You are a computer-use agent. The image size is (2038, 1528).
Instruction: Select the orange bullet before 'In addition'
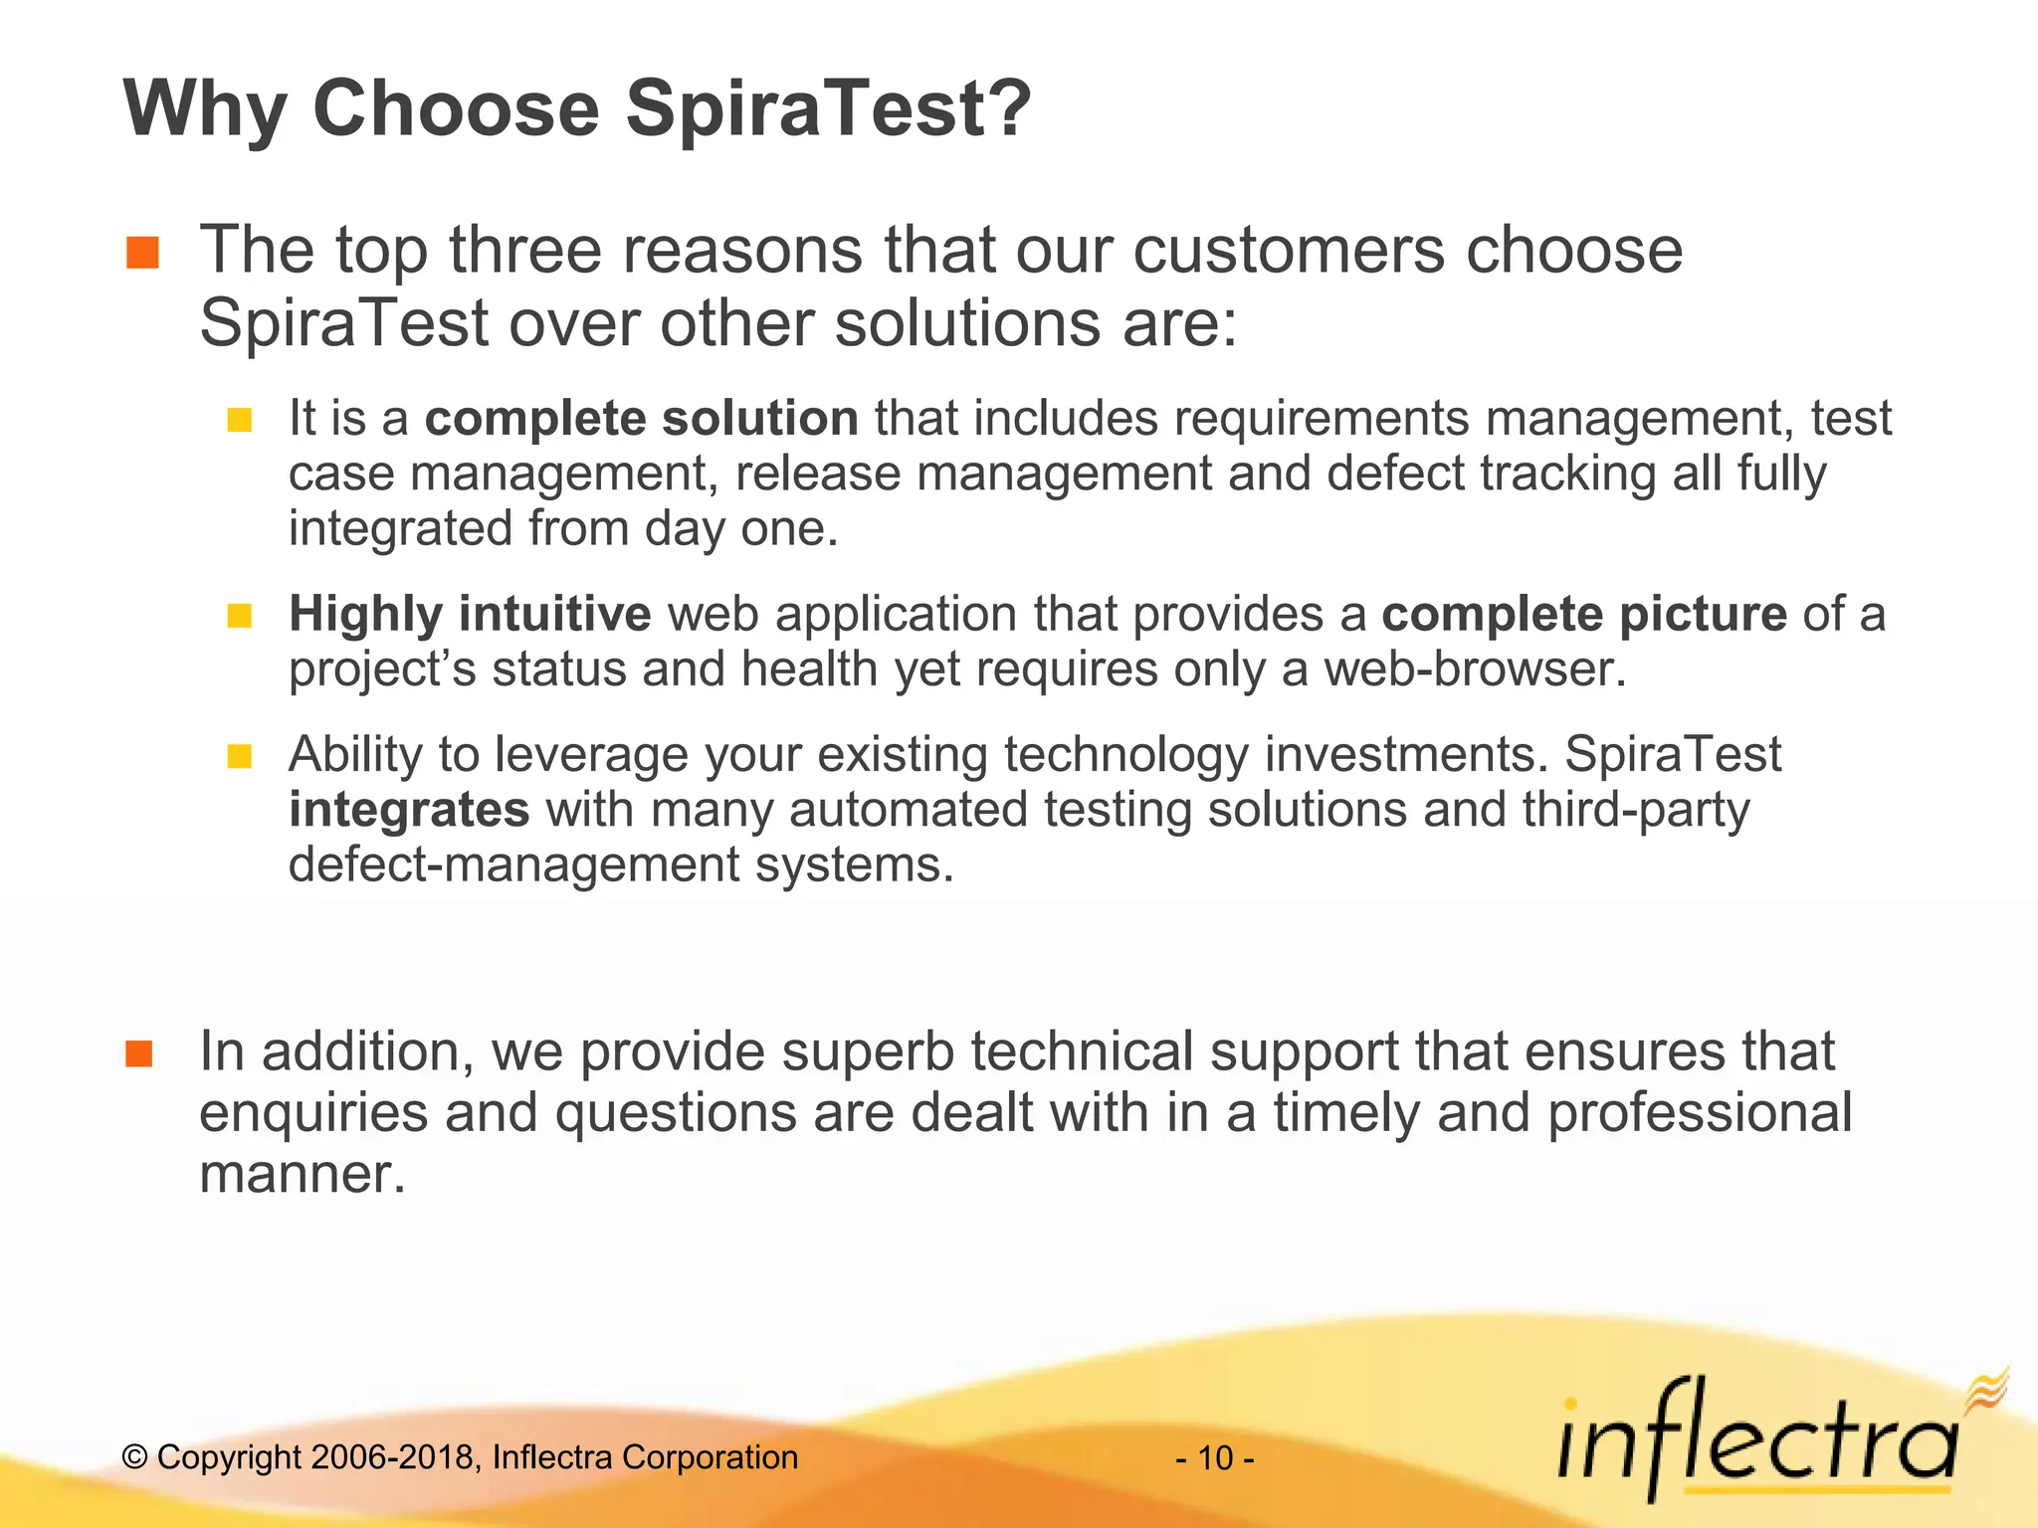(139, 1053)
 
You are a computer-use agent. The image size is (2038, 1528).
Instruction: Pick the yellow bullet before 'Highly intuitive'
(239, 616)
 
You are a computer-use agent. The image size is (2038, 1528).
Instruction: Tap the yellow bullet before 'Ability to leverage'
(239, 757)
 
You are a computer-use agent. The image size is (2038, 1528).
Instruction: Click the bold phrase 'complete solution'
(642, 418)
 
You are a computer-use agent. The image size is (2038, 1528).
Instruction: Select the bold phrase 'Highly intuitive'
(470, 614)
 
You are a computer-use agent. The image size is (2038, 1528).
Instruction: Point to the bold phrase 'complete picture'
(1584, 614)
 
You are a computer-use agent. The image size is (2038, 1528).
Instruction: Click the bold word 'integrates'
(409, 809)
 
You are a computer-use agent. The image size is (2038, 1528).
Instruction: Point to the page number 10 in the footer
(1215, 1458)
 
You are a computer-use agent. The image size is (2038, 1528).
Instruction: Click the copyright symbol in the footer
(135, 1458)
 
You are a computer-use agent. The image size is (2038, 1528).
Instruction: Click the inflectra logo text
(1756, 1442)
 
